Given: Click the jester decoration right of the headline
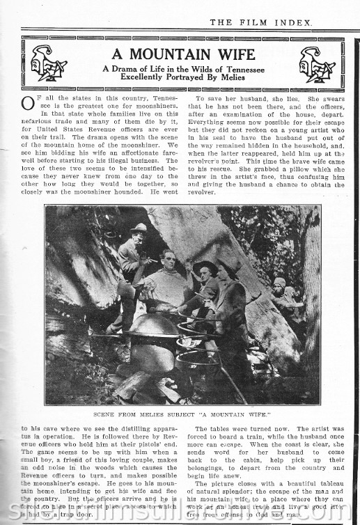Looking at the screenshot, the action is (x=316, y=65).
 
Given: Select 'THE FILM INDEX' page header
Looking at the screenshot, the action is (x=260, y=22).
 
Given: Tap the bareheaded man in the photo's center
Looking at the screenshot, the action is (x=167, y=275).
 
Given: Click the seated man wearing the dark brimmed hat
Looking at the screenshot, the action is (x=205, y=285).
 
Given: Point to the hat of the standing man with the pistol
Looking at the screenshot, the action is (x=139, y=228).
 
